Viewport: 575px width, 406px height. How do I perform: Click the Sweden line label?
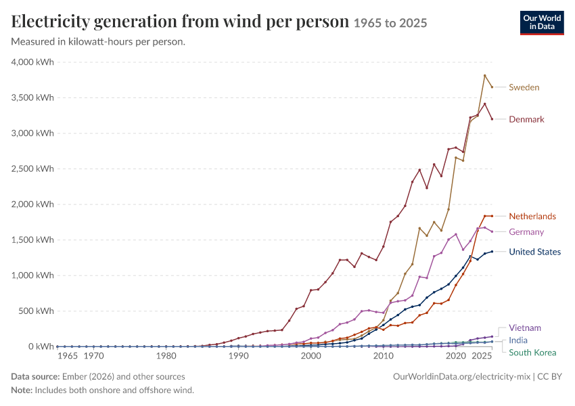524,87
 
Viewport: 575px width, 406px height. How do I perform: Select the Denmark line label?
526,119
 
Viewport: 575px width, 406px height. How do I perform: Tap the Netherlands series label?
532,216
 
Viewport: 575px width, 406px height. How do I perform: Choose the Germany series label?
526,232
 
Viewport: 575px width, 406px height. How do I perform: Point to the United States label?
534,252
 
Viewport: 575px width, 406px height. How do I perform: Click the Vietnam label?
525,328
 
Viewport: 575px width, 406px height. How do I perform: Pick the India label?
518,340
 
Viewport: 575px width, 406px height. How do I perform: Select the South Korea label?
532,353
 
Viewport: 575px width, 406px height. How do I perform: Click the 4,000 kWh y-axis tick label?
32,62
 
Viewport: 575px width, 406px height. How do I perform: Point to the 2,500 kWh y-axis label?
32,168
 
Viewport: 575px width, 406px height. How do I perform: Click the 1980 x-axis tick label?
166,356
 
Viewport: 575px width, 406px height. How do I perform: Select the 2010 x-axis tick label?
383,356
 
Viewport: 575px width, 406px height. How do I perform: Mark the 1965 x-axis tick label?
68,356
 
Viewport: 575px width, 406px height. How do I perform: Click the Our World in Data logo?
542,23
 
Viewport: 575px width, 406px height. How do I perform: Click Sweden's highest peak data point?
485,76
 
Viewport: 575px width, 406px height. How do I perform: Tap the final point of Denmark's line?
492,119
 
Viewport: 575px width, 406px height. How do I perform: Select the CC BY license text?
549,377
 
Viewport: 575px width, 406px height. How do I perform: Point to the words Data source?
35,377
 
